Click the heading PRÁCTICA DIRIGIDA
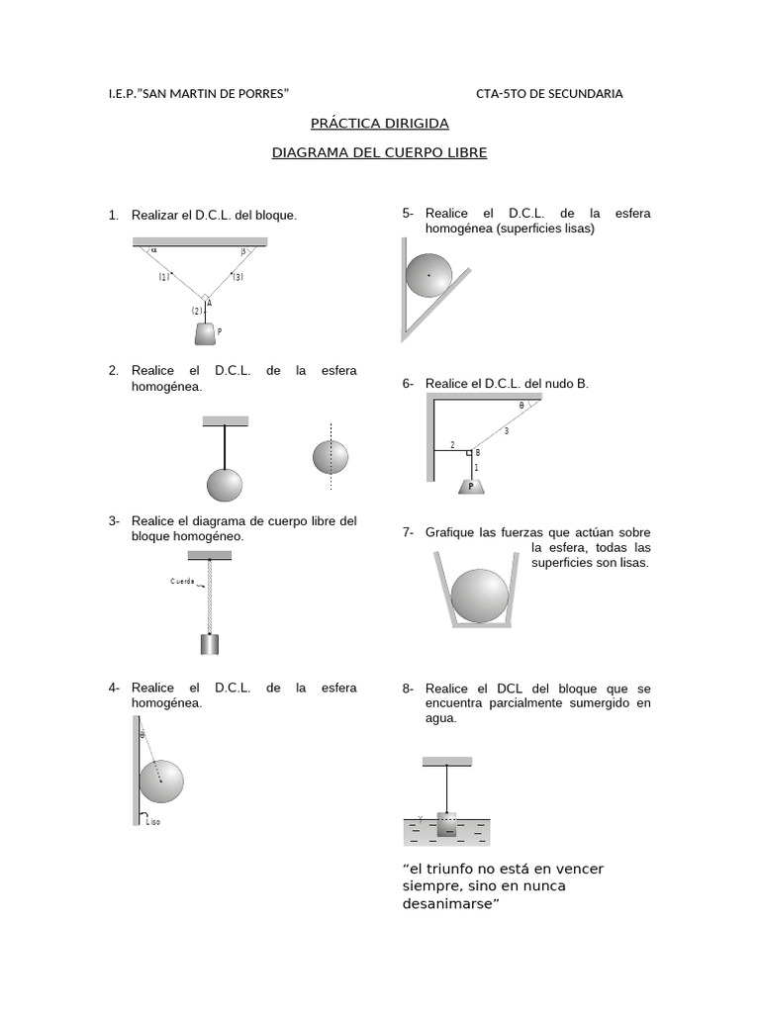[380, 124]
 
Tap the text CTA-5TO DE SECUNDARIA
[549, 94]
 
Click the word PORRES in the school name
[258, 94]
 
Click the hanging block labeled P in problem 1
[205, 334]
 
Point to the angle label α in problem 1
[153, 251]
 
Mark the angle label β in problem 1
[242, 251]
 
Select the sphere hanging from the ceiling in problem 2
[225, 485]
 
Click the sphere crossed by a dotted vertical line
[331, 456]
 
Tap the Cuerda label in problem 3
[182, 581]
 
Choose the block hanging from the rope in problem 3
[210, 644]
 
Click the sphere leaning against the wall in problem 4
[160, 781]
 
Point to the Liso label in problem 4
[152, 822]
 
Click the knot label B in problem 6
[477, 452]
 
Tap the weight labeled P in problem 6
[471, 486]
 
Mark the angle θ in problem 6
[522, 406]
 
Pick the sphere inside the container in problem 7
[479, 596]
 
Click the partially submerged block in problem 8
[446, 825]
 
